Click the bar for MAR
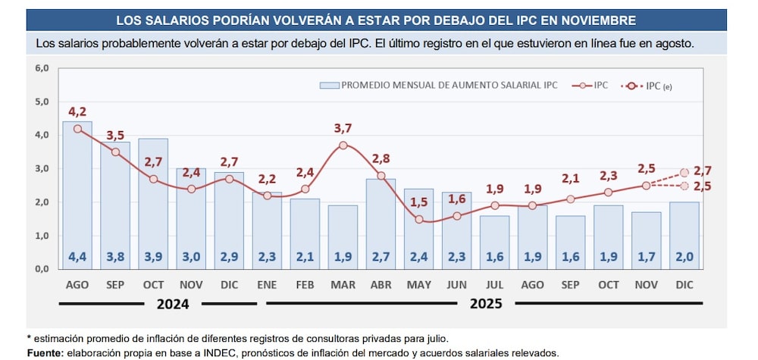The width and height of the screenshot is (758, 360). [x=343, y=236]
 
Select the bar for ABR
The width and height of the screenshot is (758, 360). [x=381, y=224]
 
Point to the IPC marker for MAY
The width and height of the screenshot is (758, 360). [x=418, y=219]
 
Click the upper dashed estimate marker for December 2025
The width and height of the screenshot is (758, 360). [x=684, y=173]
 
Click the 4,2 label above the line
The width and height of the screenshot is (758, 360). [x=77, y=111]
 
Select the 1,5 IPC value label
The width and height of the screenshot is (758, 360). [x=419, y=202]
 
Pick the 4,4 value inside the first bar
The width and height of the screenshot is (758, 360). [x=77, y=257]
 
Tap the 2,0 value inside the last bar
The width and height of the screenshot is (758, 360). [x=684, y=257]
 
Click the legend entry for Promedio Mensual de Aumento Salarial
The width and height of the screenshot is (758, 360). [x=440, y=86]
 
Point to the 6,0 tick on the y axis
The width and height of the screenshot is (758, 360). [x=42, y=68]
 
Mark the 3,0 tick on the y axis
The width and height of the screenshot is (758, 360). [x=42, y=168]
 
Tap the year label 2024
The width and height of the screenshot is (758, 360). [x=174, y=304]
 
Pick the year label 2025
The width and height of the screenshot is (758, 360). [x=485, y=304]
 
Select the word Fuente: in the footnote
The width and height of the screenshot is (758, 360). [x=45, y=353]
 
